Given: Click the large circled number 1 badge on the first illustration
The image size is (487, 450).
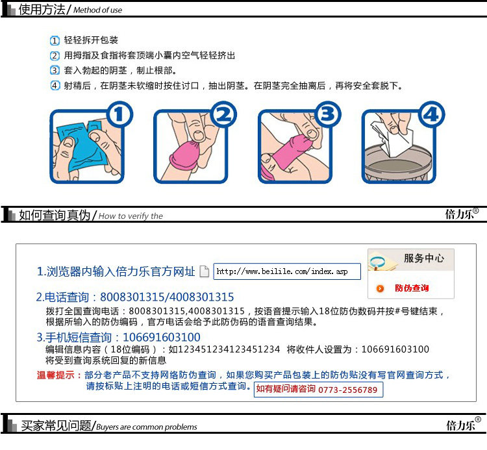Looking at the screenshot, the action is [119, 114].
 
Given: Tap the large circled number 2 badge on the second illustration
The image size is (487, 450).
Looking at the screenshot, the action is [223, 114].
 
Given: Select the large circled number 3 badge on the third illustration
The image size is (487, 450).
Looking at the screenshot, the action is [328, 114].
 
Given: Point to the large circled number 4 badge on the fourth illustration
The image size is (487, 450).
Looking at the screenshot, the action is [431, 114].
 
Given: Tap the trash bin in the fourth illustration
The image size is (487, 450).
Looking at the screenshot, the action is [398, 164].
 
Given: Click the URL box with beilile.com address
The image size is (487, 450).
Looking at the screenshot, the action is [287, 271].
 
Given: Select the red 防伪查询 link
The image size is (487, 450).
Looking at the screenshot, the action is [412, 288].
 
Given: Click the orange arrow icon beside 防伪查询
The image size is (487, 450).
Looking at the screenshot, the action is [380, 288].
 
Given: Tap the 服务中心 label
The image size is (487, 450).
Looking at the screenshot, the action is [423, 258].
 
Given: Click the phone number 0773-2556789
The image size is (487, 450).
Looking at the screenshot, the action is [347, 390].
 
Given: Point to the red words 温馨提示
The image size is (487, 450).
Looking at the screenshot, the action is [55, 375].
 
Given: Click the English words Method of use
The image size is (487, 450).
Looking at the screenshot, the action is [97, 10].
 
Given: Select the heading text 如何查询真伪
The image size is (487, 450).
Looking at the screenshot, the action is [55, 215].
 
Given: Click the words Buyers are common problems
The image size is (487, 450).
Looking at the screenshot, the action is [146, 427].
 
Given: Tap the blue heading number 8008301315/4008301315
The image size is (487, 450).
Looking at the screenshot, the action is [167, 297].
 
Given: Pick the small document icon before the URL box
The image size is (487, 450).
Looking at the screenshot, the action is [204, 271].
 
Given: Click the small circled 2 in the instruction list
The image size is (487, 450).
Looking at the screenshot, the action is [55, 56].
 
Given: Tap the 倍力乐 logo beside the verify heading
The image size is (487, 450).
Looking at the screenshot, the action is [462, 214].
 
